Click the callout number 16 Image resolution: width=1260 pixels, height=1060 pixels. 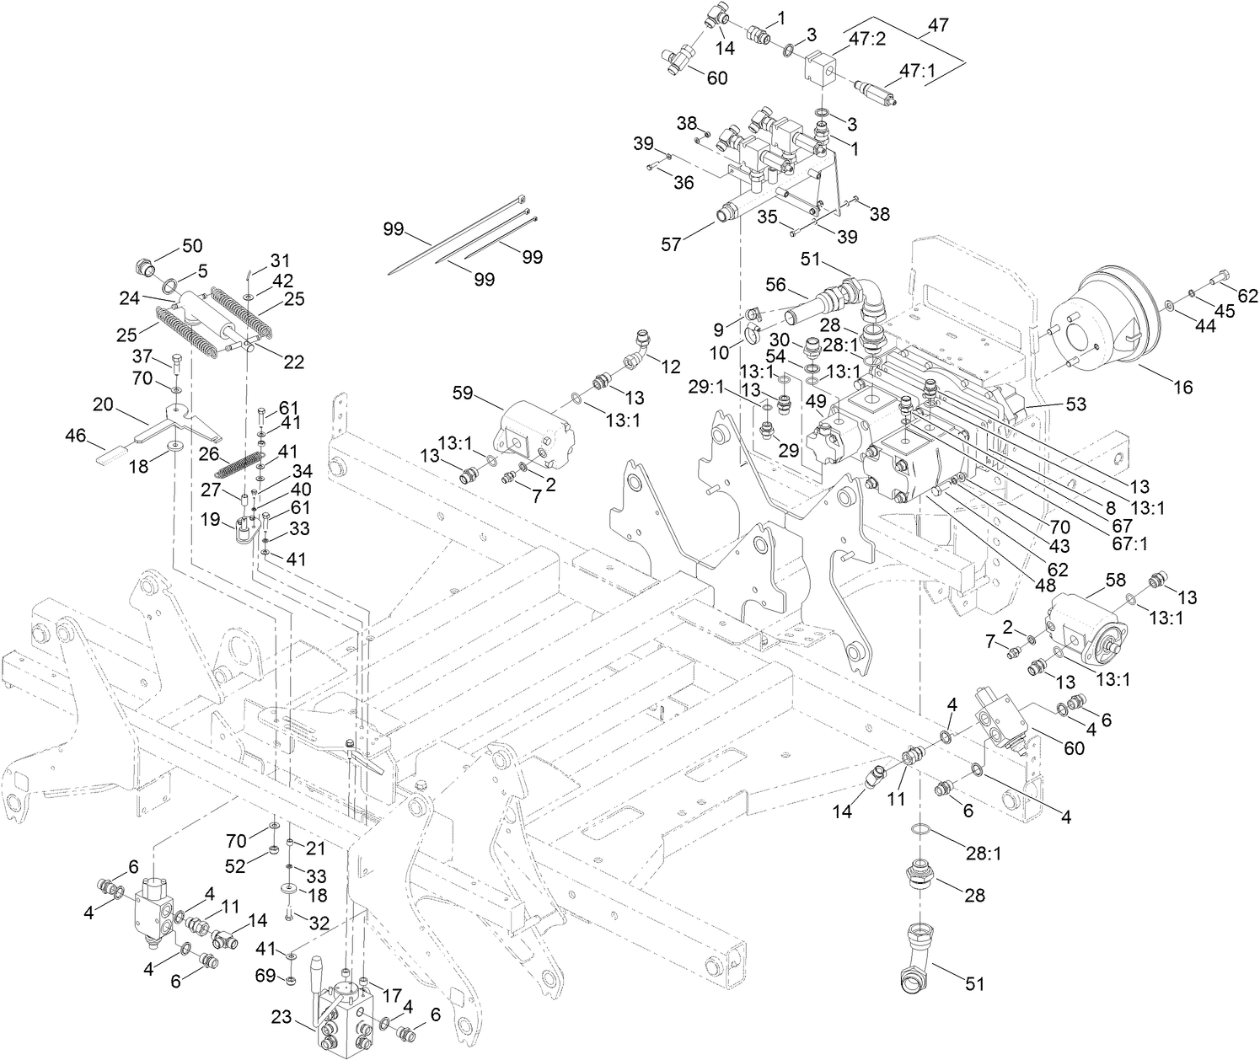(x=1183, y=387)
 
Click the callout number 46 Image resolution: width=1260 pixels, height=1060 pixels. (x=76, y=436)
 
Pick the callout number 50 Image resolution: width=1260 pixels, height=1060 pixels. (x=192, y=245)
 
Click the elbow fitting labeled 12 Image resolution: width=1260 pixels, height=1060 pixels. (x=641, y=345)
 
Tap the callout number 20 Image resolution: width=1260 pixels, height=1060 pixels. (x=104, y=405)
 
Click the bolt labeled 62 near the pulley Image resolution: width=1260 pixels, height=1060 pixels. (x=1221, y=277)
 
